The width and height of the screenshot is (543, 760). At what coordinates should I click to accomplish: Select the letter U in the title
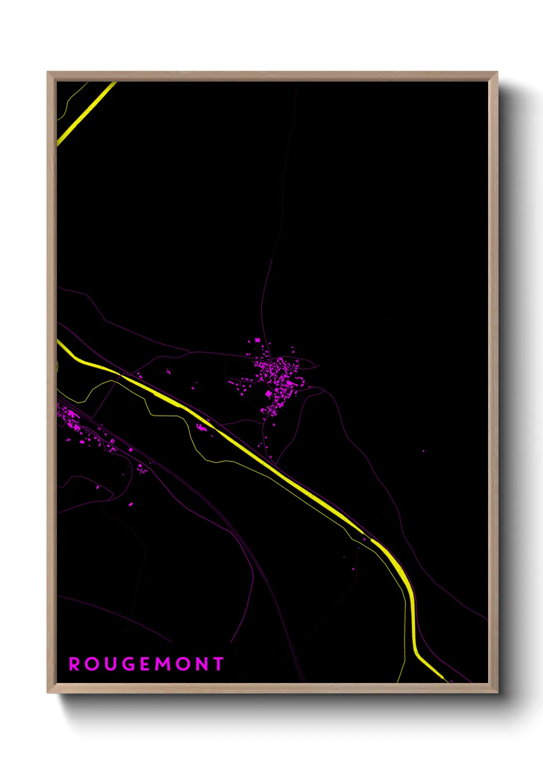click(x=110, y=664)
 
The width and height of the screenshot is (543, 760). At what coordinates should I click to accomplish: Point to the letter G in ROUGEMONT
click(x=128, y=664)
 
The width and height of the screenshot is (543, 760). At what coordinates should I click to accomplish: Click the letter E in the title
click(x=145, y=664)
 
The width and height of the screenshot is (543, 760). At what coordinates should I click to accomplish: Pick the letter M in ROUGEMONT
click(x=163, y=664)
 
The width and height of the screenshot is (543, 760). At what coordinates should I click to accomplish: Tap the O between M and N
click(x=183, y=664)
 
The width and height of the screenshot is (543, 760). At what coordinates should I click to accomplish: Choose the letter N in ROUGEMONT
click(x=202, y=664)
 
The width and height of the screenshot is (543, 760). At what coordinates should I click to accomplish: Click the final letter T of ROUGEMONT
click(x=219, y=664)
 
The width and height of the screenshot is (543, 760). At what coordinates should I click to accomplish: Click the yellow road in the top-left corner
click(x=86, y=113)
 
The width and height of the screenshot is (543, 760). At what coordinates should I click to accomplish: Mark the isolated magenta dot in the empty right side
click(x=423, y=451)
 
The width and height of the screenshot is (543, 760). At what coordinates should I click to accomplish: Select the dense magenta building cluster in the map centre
click(x=280, y=377)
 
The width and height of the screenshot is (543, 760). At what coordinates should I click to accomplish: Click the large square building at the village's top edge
click(x=257, y=340)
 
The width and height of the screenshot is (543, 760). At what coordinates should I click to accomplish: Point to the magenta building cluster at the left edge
click(x=69, y=419)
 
